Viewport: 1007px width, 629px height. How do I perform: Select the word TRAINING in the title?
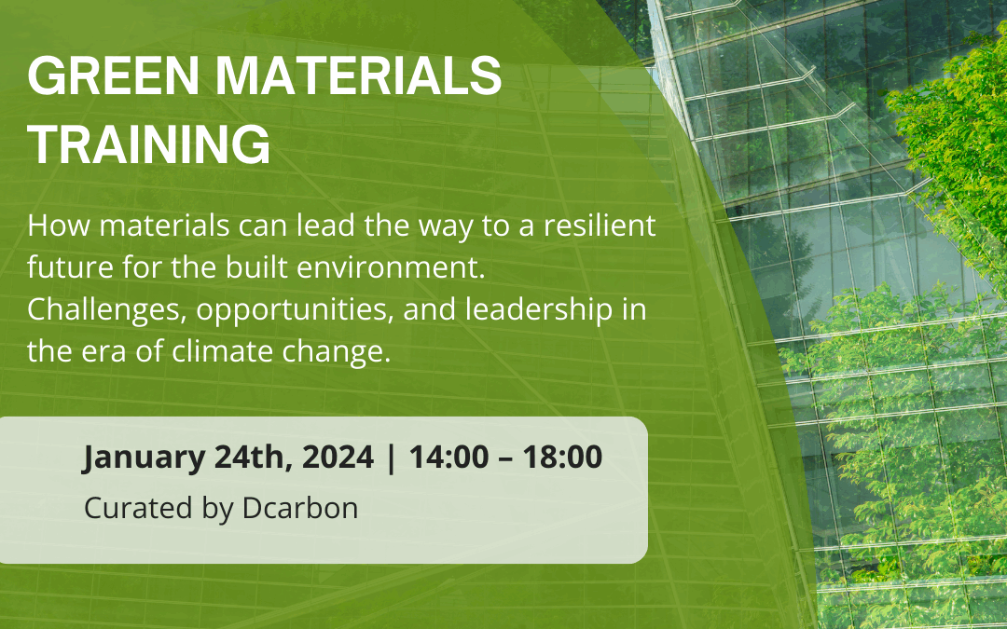click(149, 145)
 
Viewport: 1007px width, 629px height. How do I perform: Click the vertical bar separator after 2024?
click(390, 458)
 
